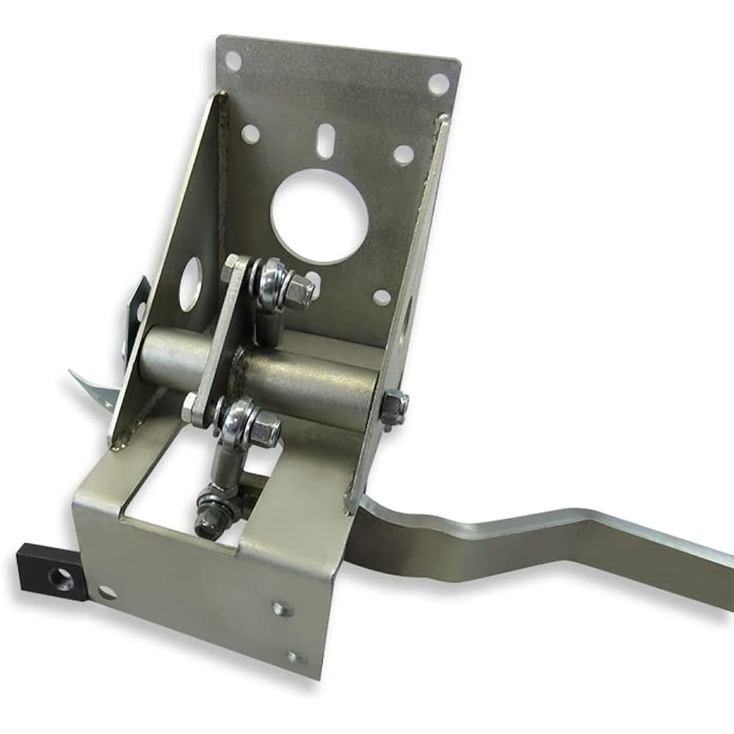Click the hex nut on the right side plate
[x=395, y=406]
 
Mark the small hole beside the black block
[x=107, y=592]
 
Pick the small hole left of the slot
[x=250, y=133]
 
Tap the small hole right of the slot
[x=404, y=155]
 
